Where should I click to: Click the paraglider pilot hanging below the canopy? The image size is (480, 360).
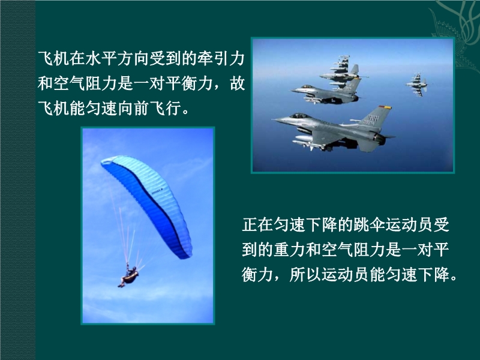(x=128, y=277)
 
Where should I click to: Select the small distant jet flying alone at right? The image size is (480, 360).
(x=416, y=85)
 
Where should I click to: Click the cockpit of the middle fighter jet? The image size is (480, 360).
(x=307, y=86)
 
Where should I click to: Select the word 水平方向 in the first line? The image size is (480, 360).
(x=117, y=58)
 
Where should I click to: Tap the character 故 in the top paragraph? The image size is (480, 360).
(x=238, y=83)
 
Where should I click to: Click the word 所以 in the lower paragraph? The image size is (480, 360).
(x=305, y=275)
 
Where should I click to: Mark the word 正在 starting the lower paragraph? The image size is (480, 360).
(x=257, y=225)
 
